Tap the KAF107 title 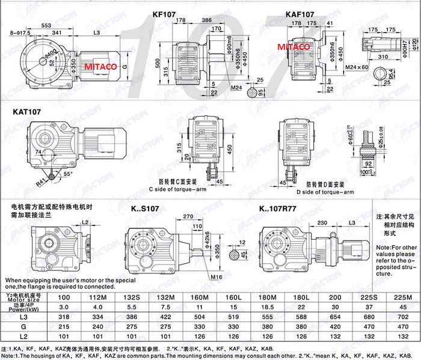pos(300,13)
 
